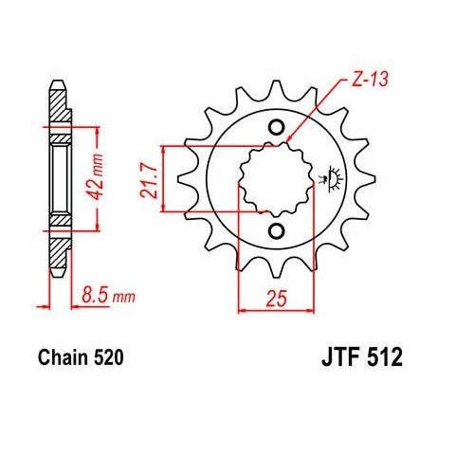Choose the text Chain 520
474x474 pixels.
81,359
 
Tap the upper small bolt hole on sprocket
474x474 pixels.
276,128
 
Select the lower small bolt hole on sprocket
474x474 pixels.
276,231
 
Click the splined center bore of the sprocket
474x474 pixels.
275,179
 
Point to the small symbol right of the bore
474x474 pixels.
333,176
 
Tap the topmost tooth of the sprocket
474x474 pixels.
276,87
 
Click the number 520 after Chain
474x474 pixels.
105,359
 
